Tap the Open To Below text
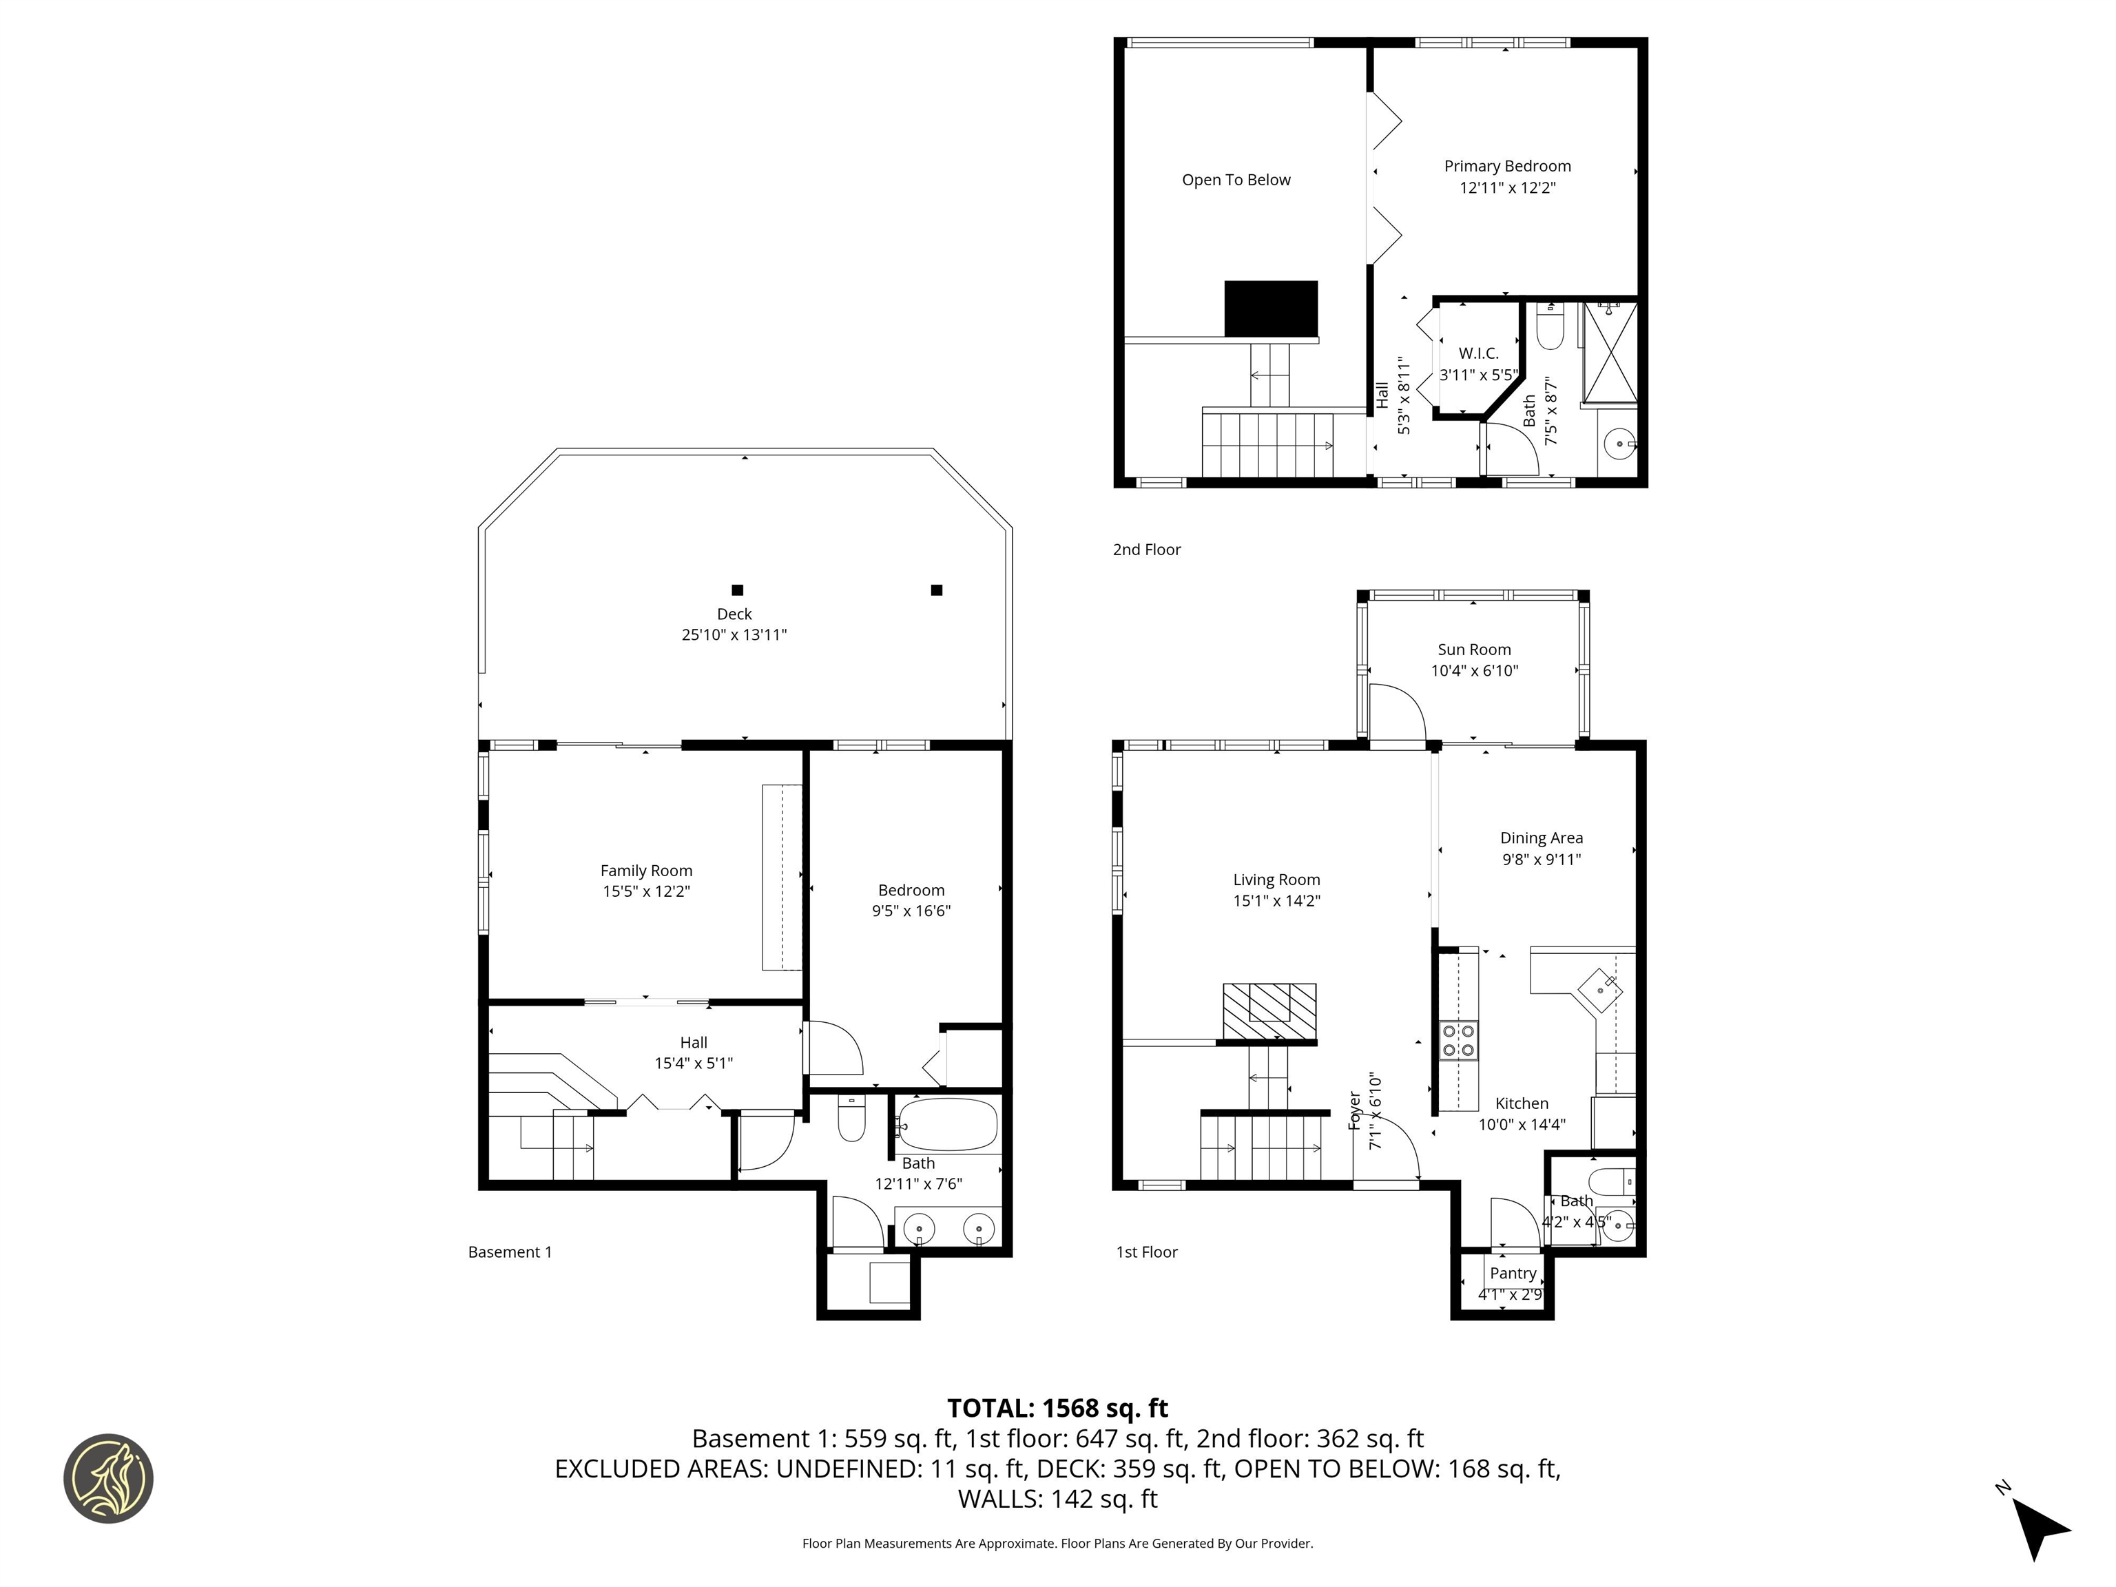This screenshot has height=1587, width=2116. pos(1235,180)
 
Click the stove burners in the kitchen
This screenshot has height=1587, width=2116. pos(1459,1040)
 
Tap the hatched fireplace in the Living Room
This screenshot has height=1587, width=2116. pos(1269,1010)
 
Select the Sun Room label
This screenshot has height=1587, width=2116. pos(1473,650)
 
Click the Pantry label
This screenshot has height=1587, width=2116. pos(1513,1273)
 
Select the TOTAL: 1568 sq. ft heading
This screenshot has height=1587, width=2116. pos(1057,1408)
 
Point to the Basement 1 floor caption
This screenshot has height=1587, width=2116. pos(510,1252)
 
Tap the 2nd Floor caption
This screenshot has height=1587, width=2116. pos(1146,549)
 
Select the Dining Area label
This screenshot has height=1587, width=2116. pos(1540,838)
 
